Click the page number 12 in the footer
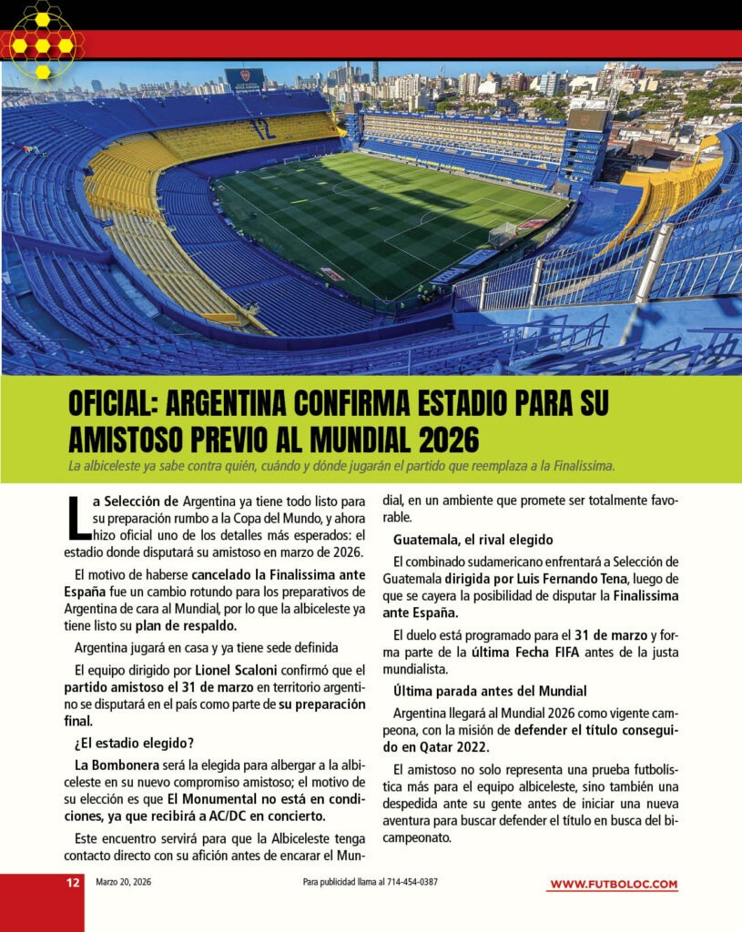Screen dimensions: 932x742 click(72, 883)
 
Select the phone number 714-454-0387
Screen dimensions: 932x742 click(412, 883)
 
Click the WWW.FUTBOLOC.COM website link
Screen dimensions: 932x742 click(614, 885)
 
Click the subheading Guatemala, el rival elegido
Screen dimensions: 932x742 click(473, 540)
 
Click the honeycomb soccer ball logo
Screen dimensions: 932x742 click(43, 45)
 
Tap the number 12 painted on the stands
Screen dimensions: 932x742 click(264, 128)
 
